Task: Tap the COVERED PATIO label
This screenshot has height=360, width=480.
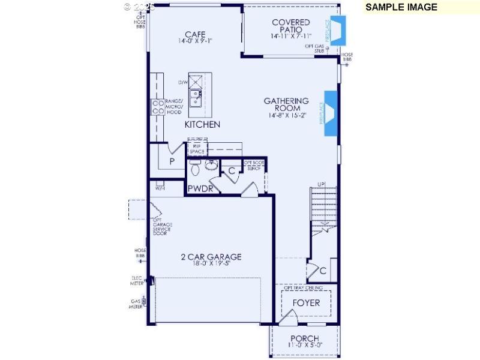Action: (x=291, y=26)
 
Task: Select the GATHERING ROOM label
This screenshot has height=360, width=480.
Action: (x=286, y=104)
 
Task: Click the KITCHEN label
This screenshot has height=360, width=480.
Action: (x=202, y=125)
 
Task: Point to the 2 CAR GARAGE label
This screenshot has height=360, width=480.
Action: (x=211, y=257)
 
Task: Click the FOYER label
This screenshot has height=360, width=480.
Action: (x=306, y=302)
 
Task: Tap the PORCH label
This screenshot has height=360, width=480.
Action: (x=304, y=338)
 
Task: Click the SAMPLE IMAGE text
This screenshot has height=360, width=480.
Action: (x=401, y=7)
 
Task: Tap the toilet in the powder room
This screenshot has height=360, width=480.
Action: (x=195, y=169)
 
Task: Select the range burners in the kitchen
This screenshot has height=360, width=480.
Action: (x=158, y=107)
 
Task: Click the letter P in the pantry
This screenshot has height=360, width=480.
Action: (x=172, y=162)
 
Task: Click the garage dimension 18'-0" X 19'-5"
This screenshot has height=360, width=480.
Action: (x=211, y=263)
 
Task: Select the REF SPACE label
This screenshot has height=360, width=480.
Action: (x=196, y=148)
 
